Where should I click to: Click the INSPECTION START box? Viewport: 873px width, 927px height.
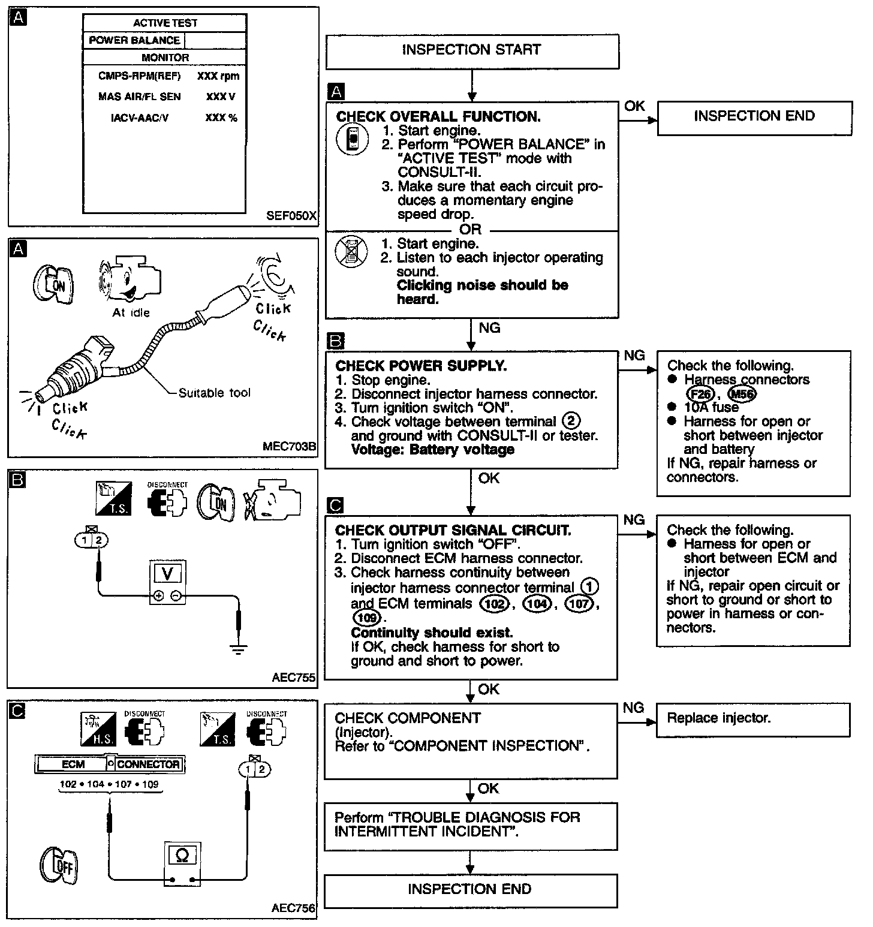coord(472,50)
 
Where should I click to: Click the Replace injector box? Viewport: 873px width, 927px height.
coord(754,719)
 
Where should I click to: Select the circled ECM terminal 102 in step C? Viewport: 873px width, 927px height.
coord(495,604)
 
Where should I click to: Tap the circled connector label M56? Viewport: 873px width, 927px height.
coord(742,394)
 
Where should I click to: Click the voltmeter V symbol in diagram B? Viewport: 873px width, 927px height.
coord(167,574)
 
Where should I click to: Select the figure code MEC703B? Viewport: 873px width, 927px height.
coord(289,447)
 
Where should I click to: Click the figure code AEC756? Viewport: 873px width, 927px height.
coord(293,908)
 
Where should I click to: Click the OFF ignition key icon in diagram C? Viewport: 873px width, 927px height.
coord(59,866)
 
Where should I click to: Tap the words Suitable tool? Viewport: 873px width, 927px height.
coord(214,393)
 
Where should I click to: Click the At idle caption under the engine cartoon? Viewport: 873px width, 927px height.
coord(131,312)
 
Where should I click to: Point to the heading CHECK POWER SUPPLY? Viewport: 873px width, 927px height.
coord(421,366)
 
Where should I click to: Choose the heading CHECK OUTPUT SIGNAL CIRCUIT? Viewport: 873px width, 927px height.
coord(453,530)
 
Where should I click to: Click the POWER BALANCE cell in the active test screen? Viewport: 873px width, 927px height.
coord(134,40)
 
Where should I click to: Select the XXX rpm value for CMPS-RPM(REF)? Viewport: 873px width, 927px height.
coord(218,76)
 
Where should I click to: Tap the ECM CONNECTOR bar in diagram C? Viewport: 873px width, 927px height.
coord(110,765)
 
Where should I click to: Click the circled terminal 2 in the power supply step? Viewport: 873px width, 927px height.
coord(572,422)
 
